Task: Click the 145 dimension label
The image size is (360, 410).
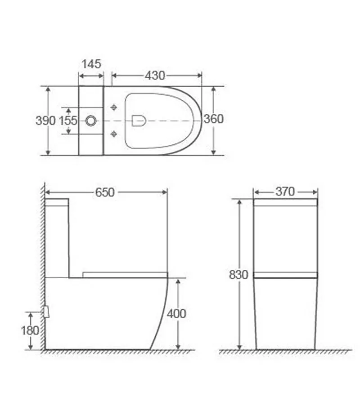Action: tap(91, 63)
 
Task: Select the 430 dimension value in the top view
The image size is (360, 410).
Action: tap(155, 76)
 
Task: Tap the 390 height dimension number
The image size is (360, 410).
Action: tap(45, 120)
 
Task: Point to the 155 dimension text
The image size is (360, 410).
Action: tap(69, 120)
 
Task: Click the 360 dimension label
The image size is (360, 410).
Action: tap(213, 119)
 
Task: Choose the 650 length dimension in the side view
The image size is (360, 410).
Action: tap(105, 192)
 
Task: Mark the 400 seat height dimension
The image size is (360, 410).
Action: tap(176, 313)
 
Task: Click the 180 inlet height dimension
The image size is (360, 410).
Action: tap(30, 330)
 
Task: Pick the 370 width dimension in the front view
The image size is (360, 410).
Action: tap(285, 192)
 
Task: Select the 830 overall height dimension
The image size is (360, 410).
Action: tap(238, 275)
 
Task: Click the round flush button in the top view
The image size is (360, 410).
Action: tap(91, 120)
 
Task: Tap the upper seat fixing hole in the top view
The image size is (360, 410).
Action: tap(113, 107)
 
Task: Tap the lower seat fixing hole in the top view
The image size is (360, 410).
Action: tap(113, 134)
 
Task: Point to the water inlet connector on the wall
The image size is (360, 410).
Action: tap(46, 312)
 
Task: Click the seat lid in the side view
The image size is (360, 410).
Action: tap(125, 274)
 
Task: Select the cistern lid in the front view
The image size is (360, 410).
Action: tap(285, 202)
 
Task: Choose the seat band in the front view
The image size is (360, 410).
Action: tap(285, 275)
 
